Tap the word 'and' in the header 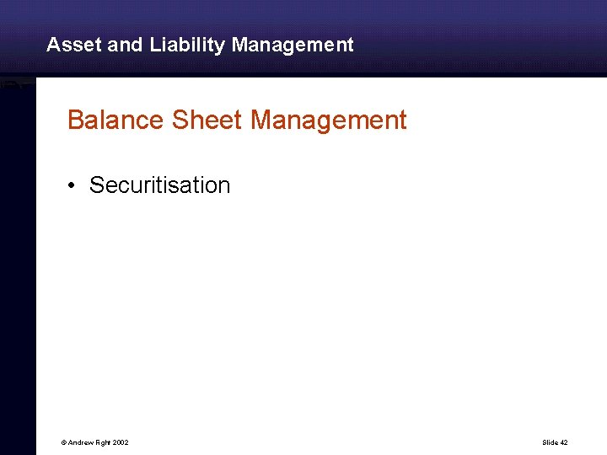click(126, 45)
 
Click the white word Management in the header click(293, 45)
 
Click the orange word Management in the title click(329, 120)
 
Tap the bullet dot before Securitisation click(74, 185)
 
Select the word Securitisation click(159, 185)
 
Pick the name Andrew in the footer click(80, 442)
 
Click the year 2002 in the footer click(121, 442)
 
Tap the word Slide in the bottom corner click(550, 442)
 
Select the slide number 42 click(564, 442)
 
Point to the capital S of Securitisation click(96, 185)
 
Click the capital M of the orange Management click(261, 120)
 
